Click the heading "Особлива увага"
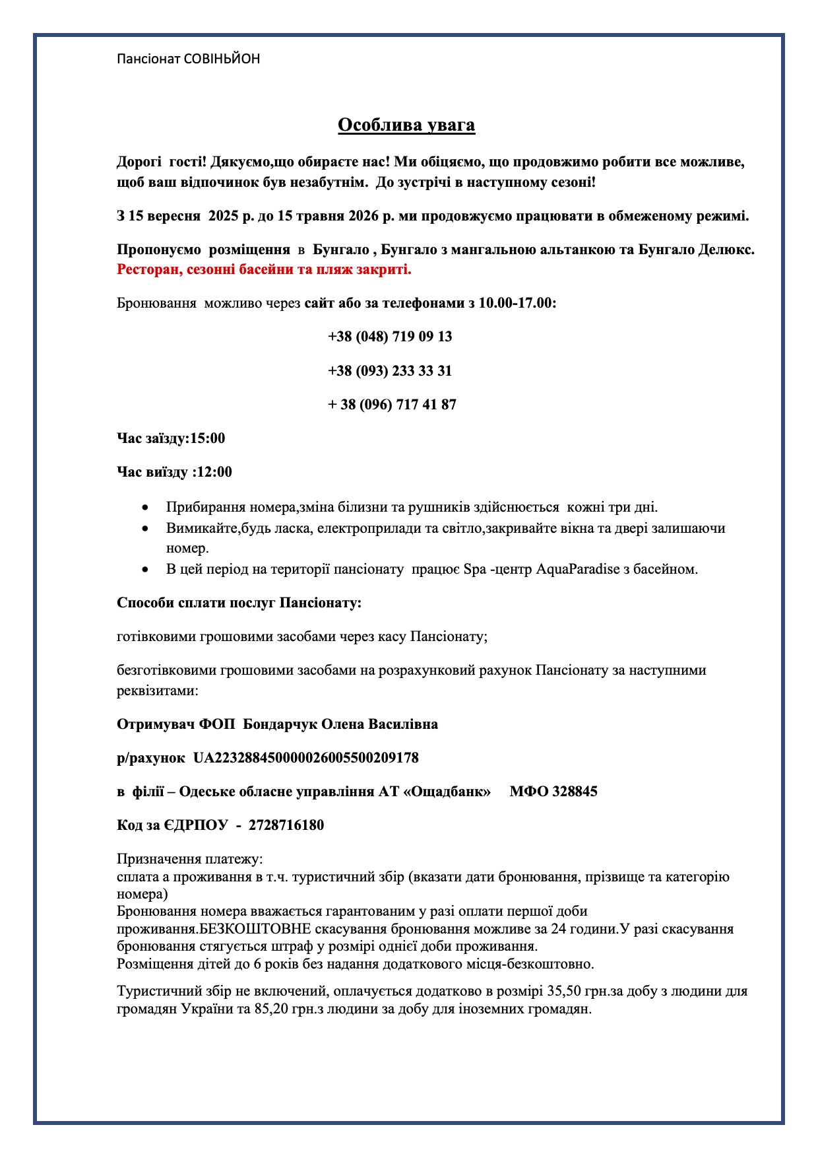tap(406, 125)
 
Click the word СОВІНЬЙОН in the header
tap(222, 59)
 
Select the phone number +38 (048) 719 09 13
tap(390, 337)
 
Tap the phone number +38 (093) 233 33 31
tap(390, 370)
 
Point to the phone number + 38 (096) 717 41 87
tap(392, 405)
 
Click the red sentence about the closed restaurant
tap(264, 269)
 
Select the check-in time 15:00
tap(208, 438)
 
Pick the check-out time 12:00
tap(215, 472)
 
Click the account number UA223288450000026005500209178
tap(306, 758)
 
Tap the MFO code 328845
tap(575, 792)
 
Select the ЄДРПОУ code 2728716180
tap(286, 825)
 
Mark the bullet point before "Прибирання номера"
tap(146, 508)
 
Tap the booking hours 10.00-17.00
tap(517, 303)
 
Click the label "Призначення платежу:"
tap(190, 859)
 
